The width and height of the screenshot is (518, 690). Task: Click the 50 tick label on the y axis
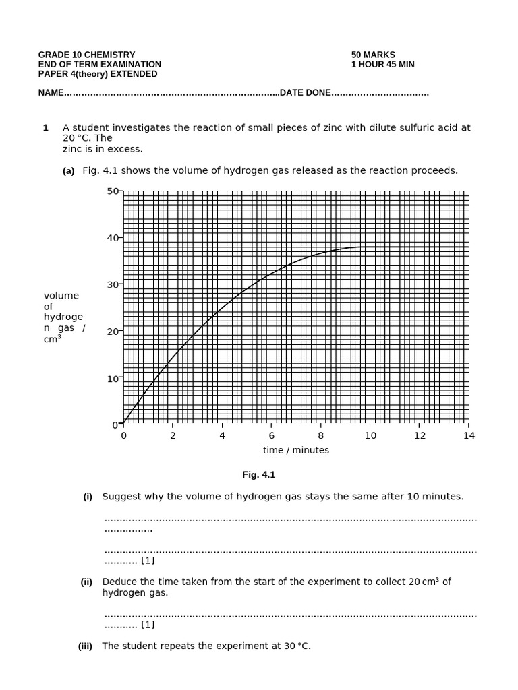pos(113,191)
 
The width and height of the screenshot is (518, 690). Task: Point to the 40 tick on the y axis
pos(113,238)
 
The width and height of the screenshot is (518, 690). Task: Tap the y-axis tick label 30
pos(113,285)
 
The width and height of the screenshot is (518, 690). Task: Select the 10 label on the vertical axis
pos(113,379)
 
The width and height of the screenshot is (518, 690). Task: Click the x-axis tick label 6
pos(271,435)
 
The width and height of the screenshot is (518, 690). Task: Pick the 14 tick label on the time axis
pos(469,435)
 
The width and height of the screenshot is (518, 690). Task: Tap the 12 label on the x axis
pos(420,435)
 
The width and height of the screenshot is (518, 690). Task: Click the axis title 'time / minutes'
pos(296,450)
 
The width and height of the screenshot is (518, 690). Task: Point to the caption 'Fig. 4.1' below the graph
pos(259,475)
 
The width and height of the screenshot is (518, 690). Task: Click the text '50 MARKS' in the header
pos(373,55)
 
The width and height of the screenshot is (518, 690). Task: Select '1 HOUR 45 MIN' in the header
pos(382,65)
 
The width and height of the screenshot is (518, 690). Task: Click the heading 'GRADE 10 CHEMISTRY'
pos(86,55)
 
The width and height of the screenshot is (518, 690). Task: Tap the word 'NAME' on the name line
pos(51,93)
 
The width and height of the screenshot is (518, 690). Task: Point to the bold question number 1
pos(45,127)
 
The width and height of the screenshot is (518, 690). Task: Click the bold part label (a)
pos(68,171)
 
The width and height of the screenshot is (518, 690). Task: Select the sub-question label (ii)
pos(86,582)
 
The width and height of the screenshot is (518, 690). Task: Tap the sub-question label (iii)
pos(85,646)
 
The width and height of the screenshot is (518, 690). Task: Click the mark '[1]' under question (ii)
pos(148,625)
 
